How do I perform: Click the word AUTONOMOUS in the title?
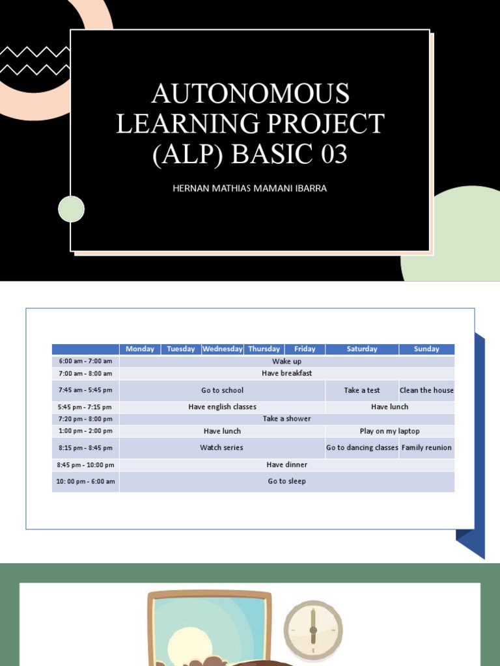(250, 94)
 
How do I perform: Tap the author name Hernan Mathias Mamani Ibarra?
(249, 189)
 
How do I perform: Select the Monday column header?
(140, 349)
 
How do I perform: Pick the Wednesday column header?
(222, 349)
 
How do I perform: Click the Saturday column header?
(362, 349)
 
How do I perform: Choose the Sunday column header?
(426, 349)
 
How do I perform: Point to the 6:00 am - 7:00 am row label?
(85, 362)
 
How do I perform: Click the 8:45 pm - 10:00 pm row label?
(85, 465)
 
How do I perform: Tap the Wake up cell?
(286, 362)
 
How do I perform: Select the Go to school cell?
(222, 390)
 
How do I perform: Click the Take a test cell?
(362, 390)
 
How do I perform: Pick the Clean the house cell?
(426, 390)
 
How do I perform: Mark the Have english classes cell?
(222, 407)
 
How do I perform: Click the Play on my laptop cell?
(389, 431)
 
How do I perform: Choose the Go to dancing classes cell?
(362, 447)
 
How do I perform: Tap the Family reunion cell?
(426, 447)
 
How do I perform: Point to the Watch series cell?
(221, 447)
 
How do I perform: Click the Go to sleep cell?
(286, 481)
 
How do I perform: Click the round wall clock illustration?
(312, 630)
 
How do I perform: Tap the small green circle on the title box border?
(72, 209)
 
